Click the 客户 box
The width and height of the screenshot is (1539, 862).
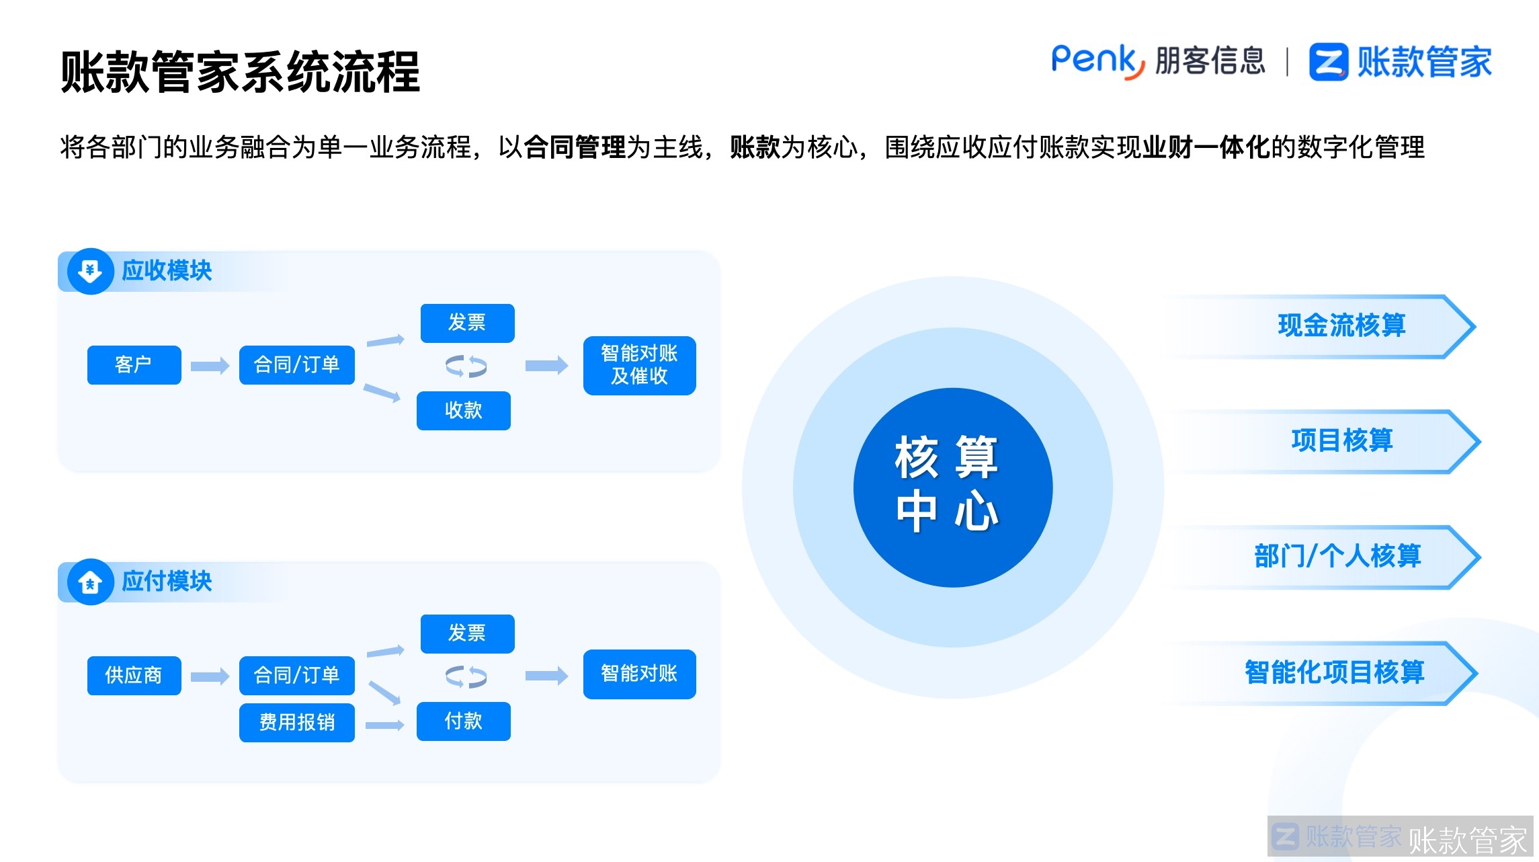click(x=134, y=365)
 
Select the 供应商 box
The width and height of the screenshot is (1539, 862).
click(x=134, y=675)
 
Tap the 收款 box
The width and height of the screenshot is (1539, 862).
click(x=463, y=410)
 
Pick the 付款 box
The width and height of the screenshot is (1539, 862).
click(x=463, y=721)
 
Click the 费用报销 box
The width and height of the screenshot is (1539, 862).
click(x=296, y=723)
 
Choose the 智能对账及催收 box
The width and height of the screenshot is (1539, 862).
click(x=639, y=365)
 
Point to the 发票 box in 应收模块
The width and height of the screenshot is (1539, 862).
click(x=467, y=323)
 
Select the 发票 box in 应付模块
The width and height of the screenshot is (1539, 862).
click(x=467, y=633)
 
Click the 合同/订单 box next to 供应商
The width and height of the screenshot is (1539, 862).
click(x=296, y=675)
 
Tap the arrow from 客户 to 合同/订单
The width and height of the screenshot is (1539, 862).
click(x=210, y=366)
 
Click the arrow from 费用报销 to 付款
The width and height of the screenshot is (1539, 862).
click(x=385, y=725)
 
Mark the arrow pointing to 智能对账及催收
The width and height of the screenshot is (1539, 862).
click(x=546, y=366)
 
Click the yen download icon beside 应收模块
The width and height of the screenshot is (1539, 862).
click(x=90, y=271)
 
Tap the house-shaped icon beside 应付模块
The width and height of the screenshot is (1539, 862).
click(x=90, y=582)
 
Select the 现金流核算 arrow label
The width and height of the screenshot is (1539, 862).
click(x=1341, y=326)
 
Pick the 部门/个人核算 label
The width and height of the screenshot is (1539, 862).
click(x=1337, y=557)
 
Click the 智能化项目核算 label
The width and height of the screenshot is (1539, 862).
click(x=1334, y=672)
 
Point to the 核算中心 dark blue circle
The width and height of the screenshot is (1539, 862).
click(x=952, y=487)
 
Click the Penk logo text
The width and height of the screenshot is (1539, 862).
click(x=1097, y=61)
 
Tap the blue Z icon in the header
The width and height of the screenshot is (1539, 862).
click(x=1328, y=63)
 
